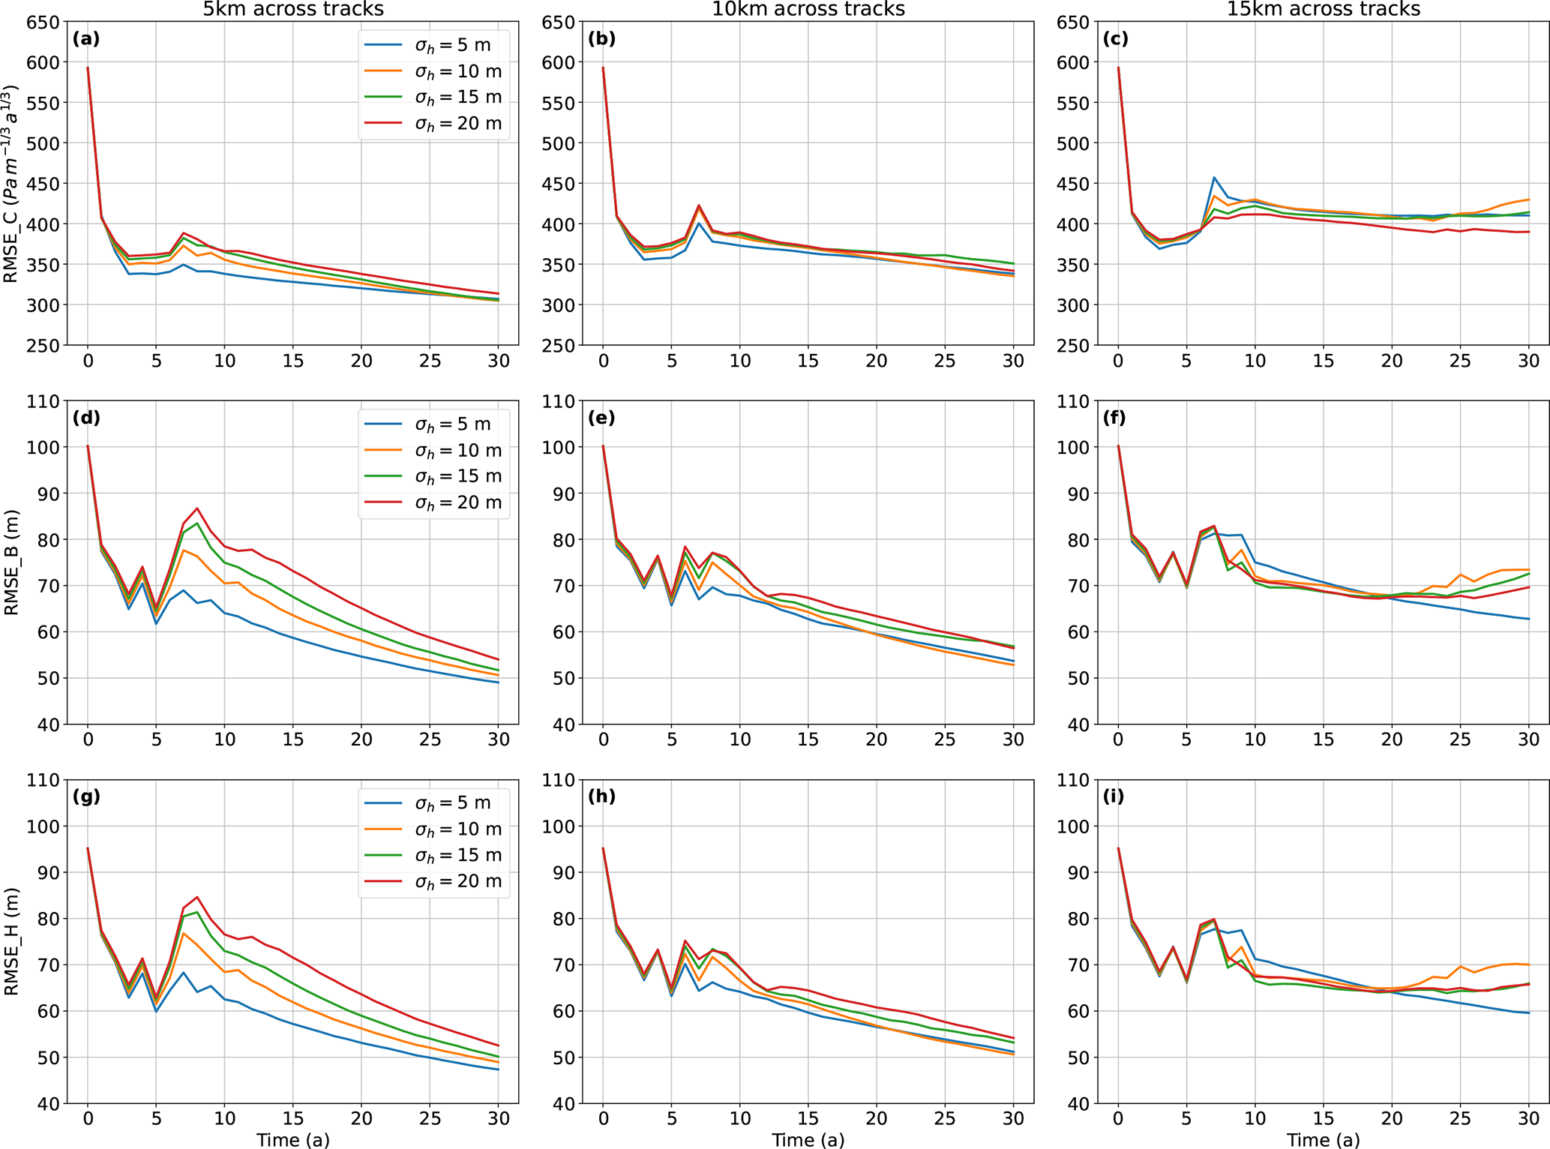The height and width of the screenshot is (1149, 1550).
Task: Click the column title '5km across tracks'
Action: pos(293,9)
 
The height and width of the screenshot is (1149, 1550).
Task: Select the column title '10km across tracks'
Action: pos(808,9)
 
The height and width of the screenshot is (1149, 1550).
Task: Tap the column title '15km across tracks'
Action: pos(1324,9)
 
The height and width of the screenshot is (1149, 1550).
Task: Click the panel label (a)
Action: pos(85,39)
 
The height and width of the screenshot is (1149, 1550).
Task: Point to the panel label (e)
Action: pos(601,418)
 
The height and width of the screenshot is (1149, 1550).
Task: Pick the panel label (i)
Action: pos(1114,796)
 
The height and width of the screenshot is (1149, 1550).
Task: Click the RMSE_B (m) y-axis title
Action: pos(11,562)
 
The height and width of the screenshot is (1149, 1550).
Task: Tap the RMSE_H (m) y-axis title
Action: pos(11,941)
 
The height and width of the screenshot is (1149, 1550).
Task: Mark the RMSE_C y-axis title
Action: pos(11,184)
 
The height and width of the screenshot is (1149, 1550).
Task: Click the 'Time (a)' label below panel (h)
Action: pos(808,1140)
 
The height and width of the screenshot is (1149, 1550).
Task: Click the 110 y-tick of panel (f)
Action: pos(1072,401)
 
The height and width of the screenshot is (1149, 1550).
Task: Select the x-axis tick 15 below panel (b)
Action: pos(808,361)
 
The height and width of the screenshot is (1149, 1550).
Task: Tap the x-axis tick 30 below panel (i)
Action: pos(1528,1118)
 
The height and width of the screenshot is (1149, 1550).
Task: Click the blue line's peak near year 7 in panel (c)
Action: pos(1214,178)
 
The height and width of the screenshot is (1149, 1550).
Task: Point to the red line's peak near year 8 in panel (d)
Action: pos(197,508)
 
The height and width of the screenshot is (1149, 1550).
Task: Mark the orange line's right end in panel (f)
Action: pos(1528,570)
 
